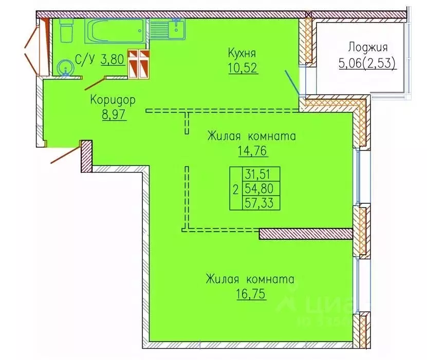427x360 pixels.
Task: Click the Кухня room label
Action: coord(242,53)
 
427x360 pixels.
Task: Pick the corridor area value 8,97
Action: coord(114,113)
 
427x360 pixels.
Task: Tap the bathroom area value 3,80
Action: coord(112,60)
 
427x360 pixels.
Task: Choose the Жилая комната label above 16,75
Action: coord(250,280)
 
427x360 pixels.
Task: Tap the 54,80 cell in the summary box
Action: coord(259,189)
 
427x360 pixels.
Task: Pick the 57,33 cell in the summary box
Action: coord(259,203)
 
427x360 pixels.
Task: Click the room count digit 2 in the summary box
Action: coord(235,189)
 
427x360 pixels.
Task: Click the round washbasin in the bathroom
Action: coord(65,67)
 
